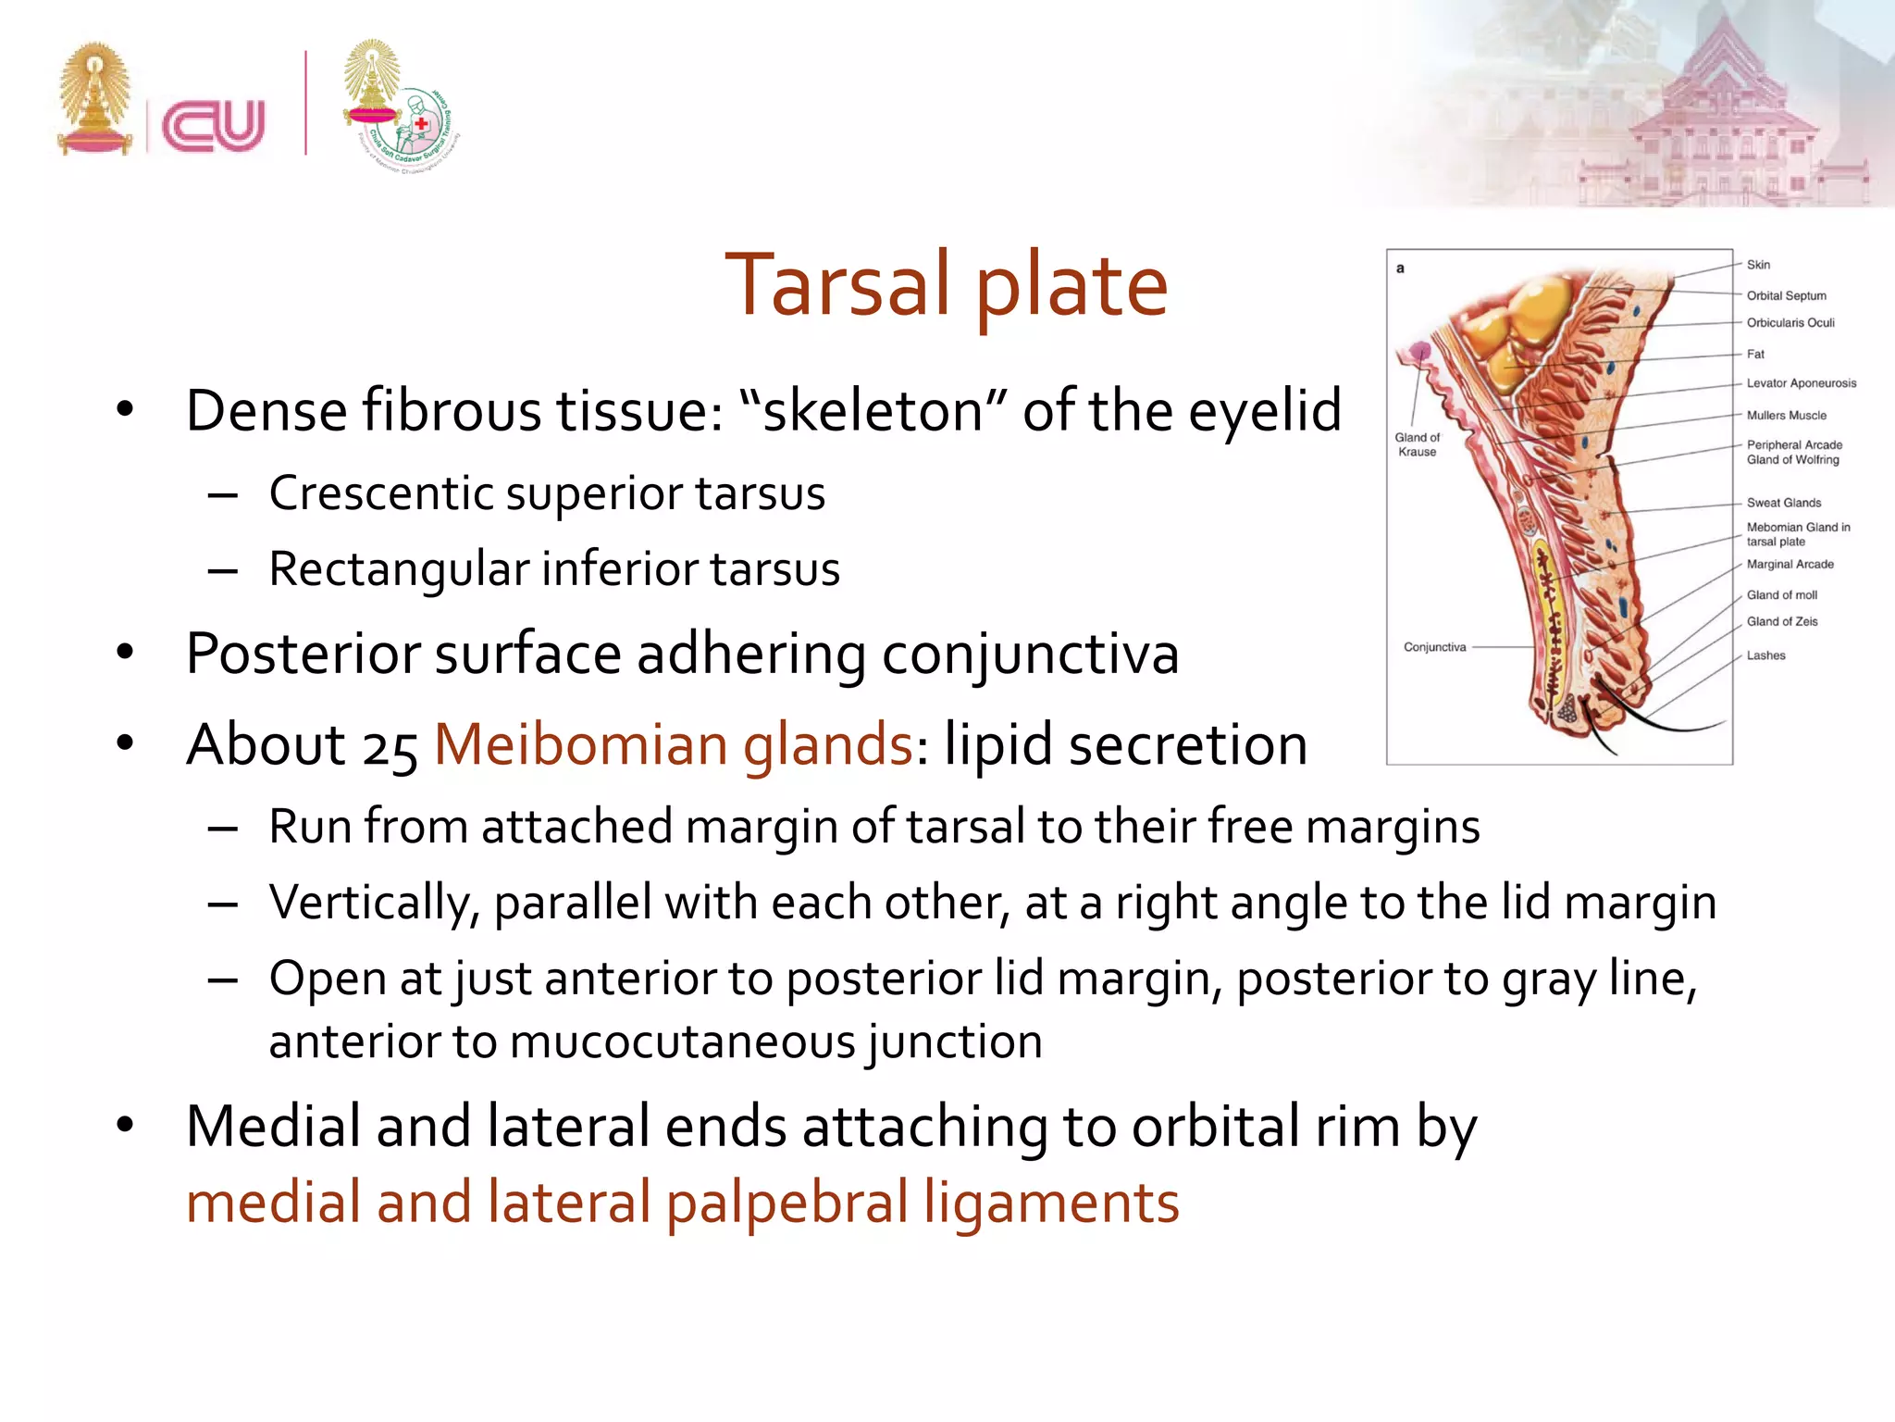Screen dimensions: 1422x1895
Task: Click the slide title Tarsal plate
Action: [x=946, y=285]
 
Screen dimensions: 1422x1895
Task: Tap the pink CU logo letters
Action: [x=214, y=125]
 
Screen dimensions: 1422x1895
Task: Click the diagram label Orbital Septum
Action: [x=1786, y=295]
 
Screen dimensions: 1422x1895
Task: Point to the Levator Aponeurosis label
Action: [x=1801, y=383]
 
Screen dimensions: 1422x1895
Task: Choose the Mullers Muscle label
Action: [x=1786, y=416]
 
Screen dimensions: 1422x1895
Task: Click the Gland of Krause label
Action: [x=1417, y=444]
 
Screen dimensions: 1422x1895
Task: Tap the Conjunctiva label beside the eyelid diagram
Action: [x=1434, y=647]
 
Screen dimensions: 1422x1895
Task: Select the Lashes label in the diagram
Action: [x=1765, y=655]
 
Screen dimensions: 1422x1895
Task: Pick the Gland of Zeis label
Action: [x=1781, y=621]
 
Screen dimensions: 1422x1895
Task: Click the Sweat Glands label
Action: [x=1783, y=503]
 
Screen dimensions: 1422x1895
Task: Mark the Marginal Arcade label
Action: [x=1790, y=564]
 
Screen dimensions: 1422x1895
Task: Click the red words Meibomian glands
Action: [x=674, y=744]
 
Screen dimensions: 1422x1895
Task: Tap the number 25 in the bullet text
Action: [x=390, y=748]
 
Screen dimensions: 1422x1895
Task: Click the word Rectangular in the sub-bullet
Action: [x=398, y=568]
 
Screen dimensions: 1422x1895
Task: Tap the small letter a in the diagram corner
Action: [x=1400, y=268]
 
